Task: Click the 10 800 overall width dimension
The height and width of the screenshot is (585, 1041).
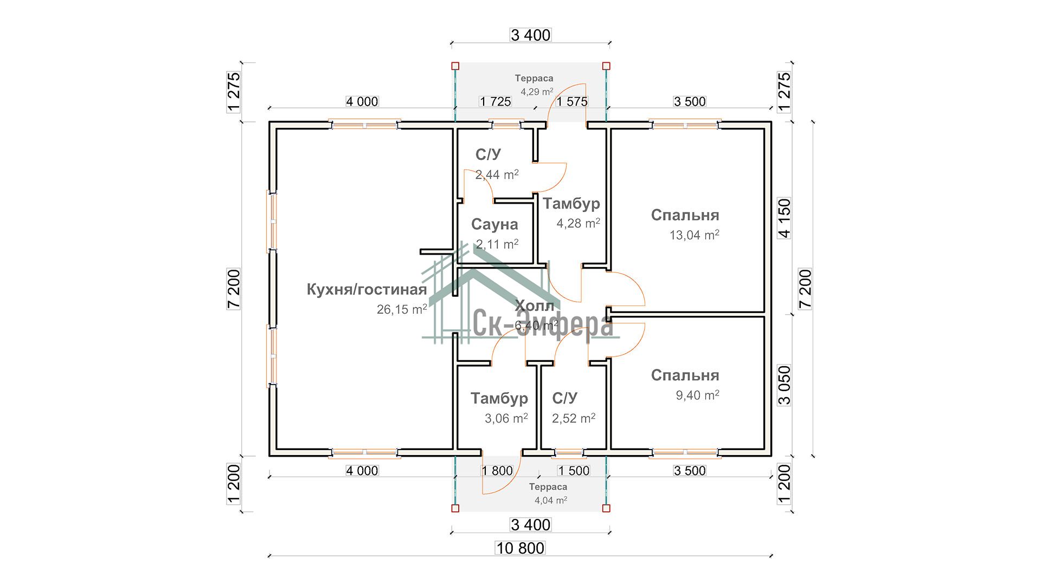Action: (x=520, y=548)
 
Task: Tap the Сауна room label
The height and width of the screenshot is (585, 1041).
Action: (x=494, y=224)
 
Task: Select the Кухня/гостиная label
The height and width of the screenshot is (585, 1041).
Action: (x=367, y=289)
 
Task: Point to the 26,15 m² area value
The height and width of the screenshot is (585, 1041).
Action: (x=402, y=309)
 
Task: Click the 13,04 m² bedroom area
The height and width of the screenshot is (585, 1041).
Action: (x=694, y=235)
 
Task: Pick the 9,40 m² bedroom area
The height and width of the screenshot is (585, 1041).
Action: (x=697, y=395)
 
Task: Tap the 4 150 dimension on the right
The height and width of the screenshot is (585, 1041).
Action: (x=784, y=218)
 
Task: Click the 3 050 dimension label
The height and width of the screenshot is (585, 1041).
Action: (x=784, y=385)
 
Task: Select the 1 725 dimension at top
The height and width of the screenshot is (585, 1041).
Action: (x=496, y=101)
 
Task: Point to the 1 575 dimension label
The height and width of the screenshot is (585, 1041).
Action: (x=572, y=101)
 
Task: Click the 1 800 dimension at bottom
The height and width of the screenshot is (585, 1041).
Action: (x=497, y=471)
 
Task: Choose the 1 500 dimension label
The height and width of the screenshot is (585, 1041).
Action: (x=573, y=471)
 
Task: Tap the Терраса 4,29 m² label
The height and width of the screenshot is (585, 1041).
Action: (x=535, y=85)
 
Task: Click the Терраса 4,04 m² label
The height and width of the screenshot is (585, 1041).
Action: (x=549, y=493)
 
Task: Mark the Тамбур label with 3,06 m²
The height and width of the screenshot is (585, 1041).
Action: (x=499, y=399)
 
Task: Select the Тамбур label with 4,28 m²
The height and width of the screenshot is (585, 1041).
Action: (x=571, y=204)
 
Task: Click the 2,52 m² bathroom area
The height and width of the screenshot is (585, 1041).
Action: (x=573, y=418)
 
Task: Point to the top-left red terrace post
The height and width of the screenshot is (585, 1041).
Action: (x=455, y=66)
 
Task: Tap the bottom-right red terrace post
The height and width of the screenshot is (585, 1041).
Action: (x=606, y=508)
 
